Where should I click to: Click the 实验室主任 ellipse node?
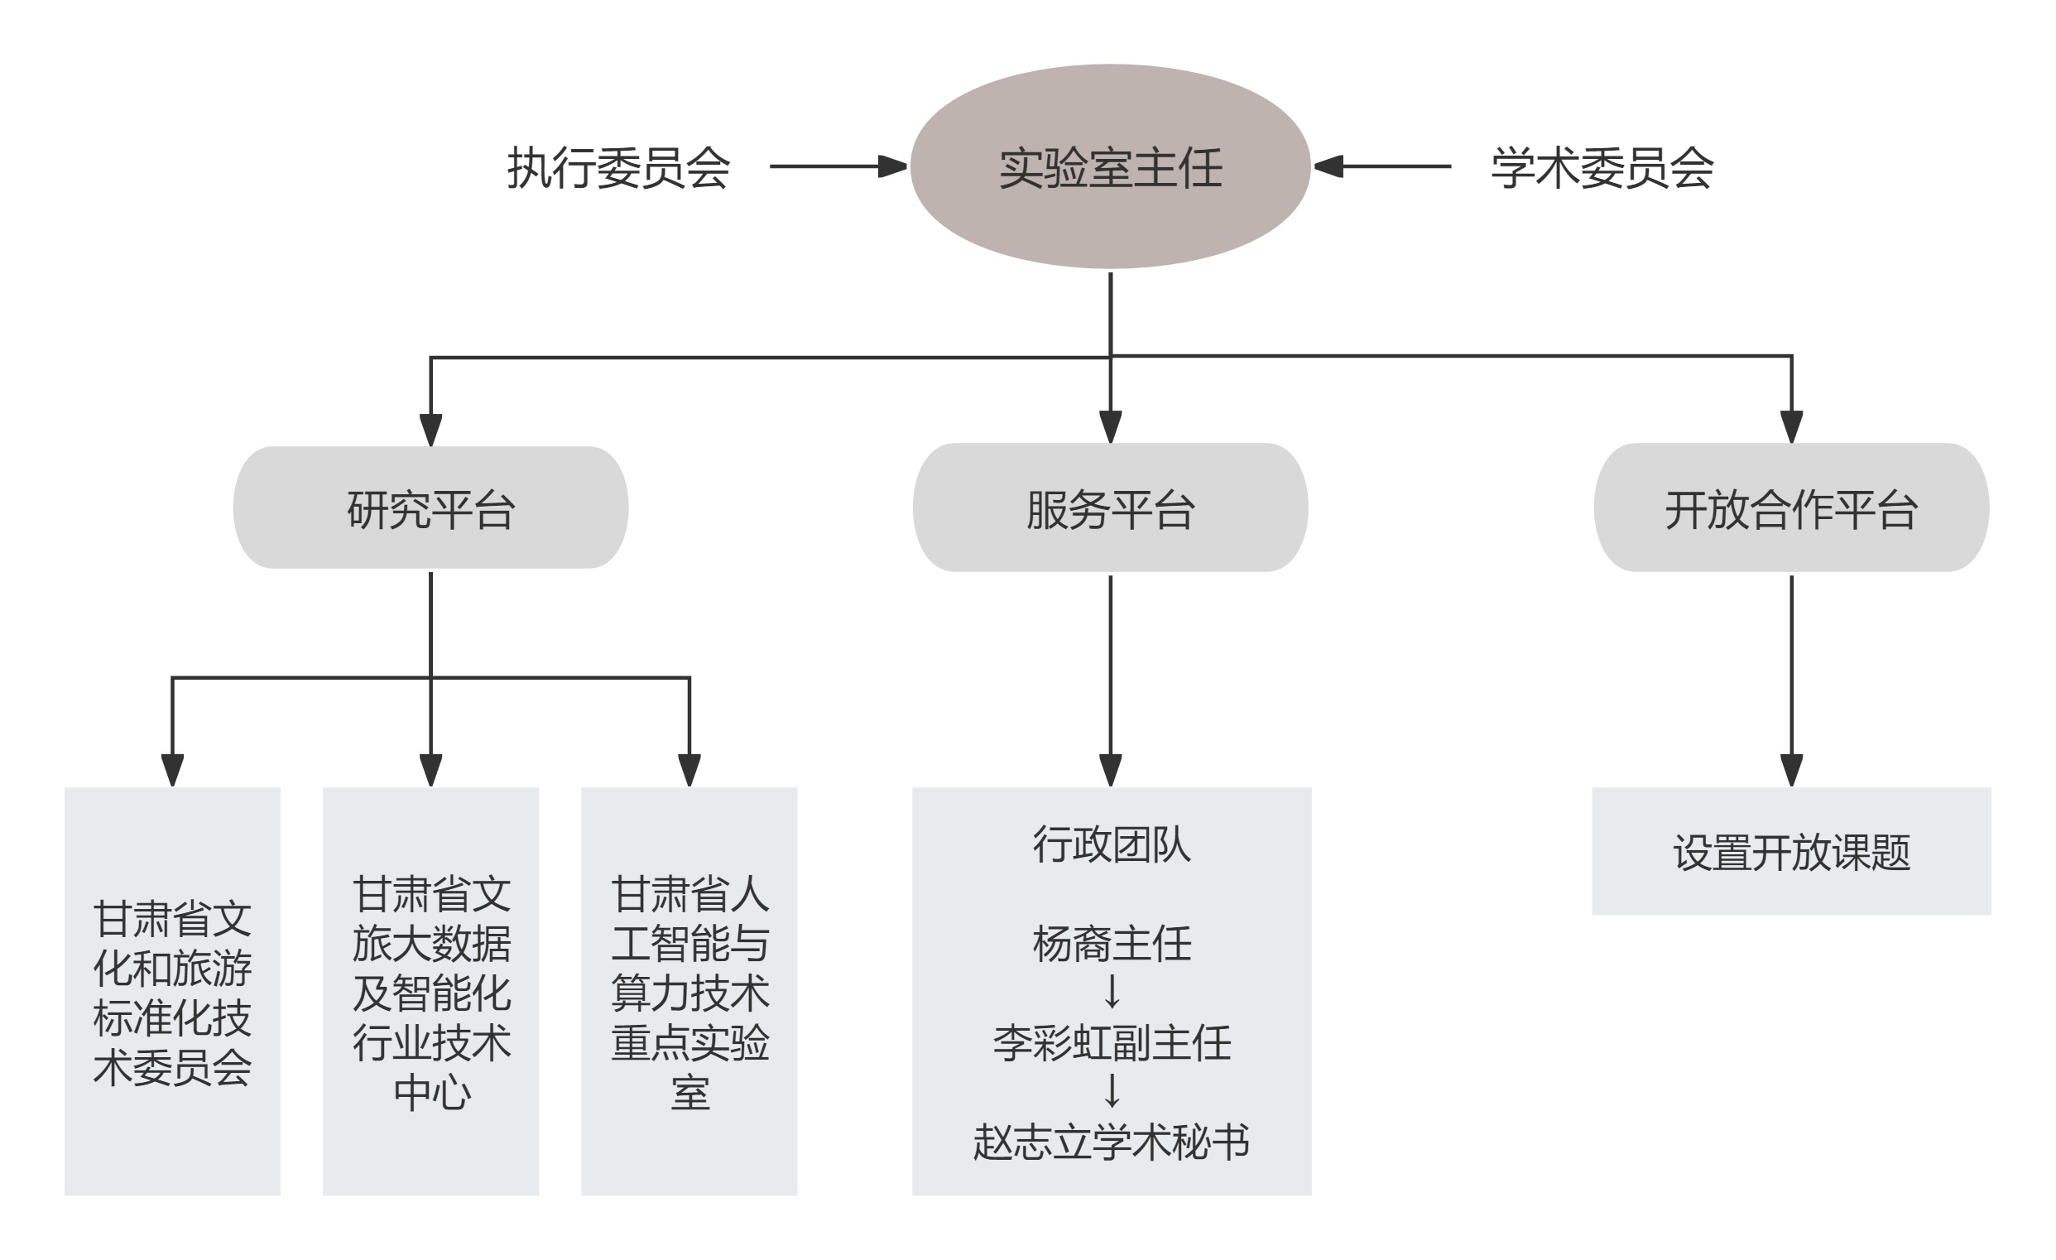tap(1110, 167)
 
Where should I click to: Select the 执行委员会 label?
tap(618, 168)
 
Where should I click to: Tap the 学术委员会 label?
tap(1602, 168)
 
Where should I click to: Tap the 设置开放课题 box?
tap(1790, 852)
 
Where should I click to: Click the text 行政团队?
tap(1111, 844)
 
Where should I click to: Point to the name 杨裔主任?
tap(1111, 944)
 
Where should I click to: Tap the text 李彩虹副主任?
tap(1111, 1043)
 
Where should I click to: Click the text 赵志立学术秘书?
tap(1111, 1142)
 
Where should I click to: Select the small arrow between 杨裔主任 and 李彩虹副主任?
tap(1112, 992)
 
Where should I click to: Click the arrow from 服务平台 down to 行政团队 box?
tap(1111, 676)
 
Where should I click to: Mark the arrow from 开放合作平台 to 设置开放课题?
tap(1791, 676)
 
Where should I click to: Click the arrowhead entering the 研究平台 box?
tap(430, 430)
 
